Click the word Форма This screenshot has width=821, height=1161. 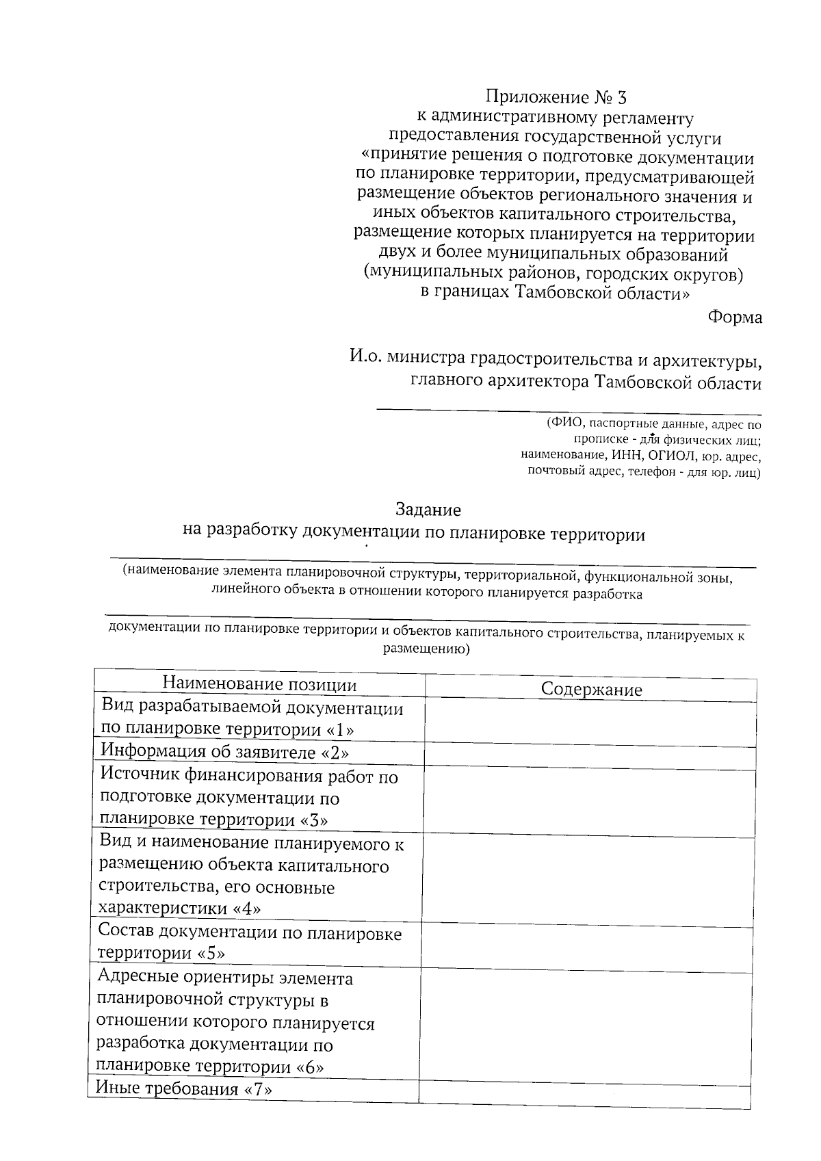(735, 318)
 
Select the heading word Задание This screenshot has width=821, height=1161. (428, 510)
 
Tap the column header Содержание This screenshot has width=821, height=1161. (591, 689)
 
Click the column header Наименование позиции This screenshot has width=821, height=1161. (259, 685)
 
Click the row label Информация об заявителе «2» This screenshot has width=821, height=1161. (225, 753)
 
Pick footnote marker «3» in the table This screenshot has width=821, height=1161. (314, 820)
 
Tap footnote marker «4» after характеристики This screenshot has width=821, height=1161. (247, 909)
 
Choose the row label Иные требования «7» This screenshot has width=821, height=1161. (184, 1088)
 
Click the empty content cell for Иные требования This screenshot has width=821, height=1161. (586, 1093)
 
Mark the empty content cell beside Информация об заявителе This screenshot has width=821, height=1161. (590, 756)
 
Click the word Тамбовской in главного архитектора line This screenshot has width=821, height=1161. (637, 383)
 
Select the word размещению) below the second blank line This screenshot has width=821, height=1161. (426, 649)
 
